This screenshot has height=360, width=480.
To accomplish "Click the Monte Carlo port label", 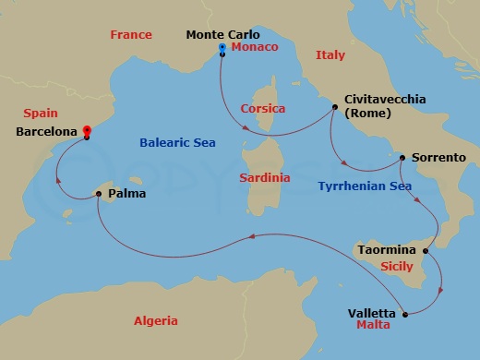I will (x=223, y=35).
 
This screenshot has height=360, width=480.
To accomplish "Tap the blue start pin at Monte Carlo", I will (x=222, y=47).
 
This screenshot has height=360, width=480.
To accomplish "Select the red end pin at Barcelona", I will (x=86, y=131).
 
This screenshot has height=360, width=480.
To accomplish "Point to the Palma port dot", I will (x=98, y=194).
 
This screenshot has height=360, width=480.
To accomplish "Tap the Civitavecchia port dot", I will (x=334, y=108).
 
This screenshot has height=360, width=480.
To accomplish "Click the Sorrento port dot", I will (x=402, y=158).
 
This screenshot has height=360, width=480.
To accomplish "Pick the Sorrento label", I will (x=438, y=158).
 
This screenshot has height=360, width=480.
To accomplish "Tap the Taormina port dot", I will (x=425, y=250).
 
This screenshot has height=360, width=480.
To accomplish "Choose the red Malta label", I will (x=373, y=326).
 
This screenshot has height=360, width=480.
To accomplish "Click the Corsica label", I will (x=261, y=108).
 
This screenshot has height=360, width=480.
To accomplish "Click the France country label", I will (x=131, y=35).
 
